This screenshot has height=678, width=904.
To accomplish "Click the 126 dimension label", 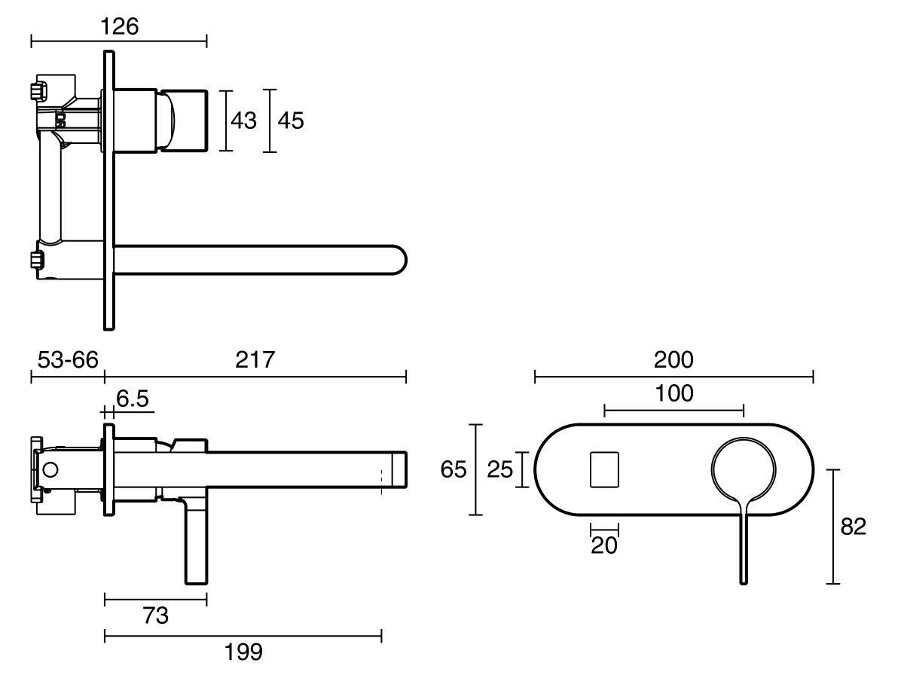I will click(119, 26).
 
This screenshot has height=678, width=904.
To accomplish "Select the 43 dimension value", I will click(243, 121).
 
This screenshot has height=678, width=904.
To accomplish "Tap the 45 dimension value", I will click(291, 121).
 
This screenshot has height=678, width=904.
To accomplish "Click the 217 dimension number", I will click(255, 359).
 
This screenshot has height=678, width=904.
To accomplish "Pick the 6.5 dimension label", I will click(133, 399).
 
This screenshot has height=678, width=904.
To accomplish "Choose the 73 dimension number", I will click(155, 615).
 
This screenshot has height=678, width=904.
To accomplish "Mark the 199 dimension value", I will click(243, 652).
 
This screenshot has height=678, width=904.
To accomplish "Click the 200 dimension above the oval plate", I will click(673, 359).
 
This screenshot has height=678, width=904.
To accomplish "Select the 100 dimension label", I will click(673, 393).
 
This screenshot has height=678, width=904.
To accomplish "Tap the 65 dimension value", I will click(454, 470).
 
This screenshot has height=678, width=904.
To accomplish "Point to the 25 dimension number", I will click(499, 470).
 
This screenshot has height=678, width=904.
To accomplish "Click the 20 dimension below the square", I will click(604, 545).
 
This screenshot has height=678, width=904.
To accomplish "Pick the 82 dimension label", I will click(853, 527).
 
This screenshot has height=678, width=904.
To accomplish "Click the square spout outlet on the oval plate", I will click(604, 470).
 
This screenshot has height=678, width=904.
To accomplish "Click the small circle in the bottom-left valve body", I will click(50, 470).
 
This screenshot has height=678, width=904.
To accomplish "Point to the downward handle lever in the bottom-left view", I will click(195, 542).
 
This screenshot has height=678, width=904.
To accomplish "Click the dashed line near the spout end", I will click(382, 481).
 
